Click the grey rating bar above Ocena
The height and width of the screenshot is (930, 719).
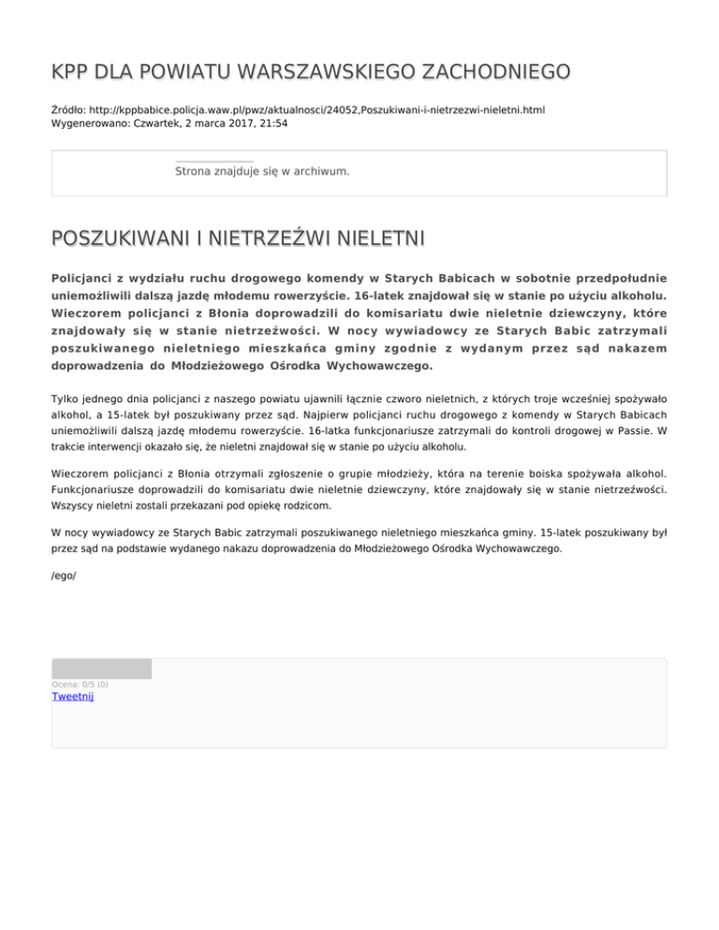click(101, 668)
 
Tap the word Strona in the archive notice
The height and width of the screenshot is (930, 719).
click(195, 171)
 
